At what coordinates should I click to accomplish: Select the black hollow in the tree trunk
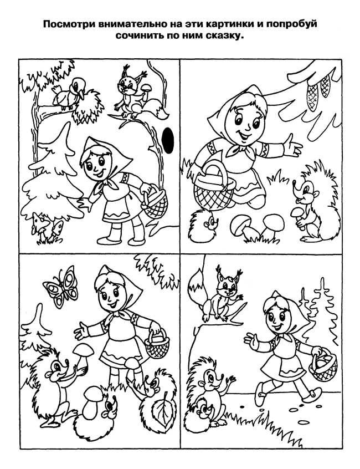(168, 140)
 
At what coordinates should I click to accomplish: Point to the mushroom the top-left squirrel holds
(146, 89)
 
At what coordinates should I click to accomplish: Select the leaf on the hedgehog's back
(162, 411)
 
